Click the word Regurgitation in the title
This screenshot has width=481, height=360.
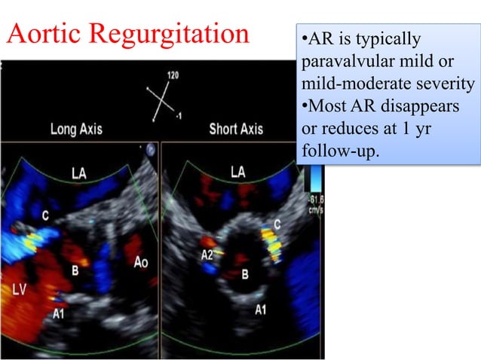click(167, 34)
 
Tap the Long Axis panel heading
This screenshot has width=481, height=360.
click(76, 129)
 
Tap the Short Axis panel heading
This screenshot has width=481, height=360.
click(236, 129)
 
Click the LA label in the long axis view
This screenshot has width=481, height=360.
click(78, 174)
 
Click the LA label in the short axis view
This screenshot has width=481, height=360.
click(238, 172)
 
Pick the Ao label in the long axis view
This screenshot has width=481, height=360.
click(141, 263)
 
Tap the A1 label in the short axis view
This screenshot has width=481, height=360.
click(261, 310)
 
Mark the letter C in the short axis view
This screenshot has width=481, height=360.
click(277, 225)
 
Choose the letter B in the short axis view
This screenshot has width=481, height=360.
click(244, 275)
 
